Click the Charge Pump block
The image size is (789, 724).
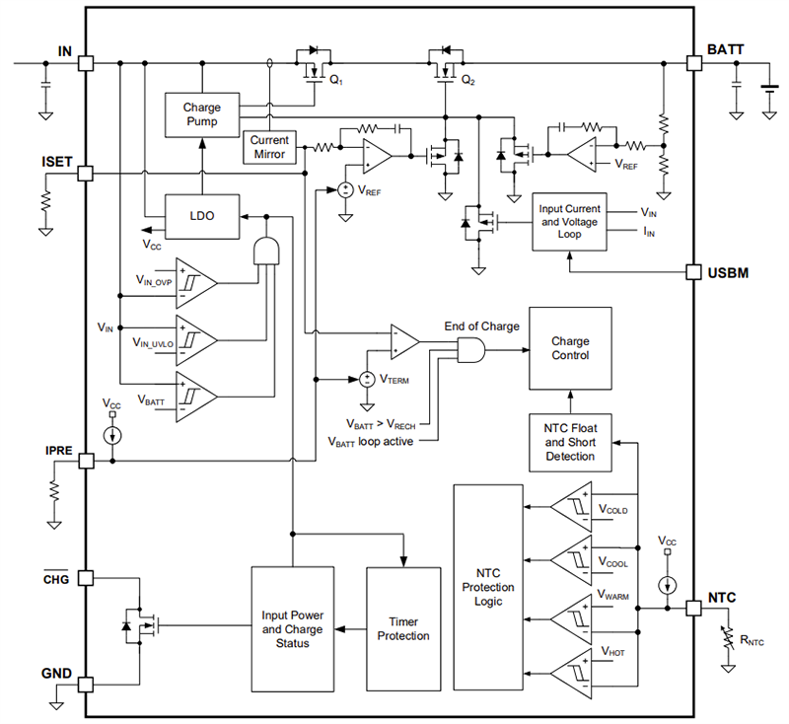click(201, 114)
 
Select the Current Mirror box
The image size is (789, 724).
click(268, 147)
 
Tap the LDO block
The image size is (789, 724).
click(201, 215)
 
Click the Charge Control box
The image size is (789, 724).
click(570, 348)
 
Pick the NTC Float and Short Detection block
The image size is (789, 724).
click(570, 442)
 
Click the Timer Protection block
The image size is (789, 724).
click(403, 628)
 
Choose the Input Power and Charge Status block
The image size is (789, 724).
click(292, 628)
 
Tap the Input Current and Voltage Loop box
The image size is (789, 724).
click(569, 217)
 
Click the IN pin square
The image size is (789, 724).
click(86, 63)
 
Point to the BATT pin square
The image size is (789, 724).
click(694, 63)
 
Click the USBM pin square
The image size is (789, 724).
click(694, 271)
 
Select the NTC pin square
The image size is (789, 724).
click(694, 609)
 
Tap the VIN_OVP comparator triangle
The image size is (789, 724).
click(195, 281)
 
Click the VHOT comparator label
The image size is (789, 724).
click(613, 653)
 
